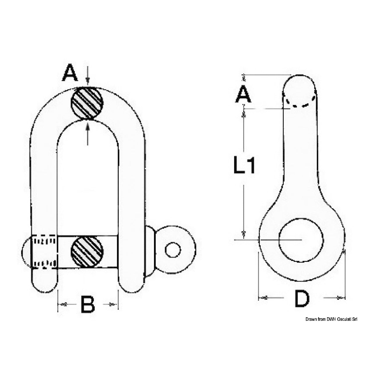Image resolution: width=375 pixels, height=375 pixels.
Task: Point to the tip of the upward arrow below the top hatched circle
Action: (88, 120)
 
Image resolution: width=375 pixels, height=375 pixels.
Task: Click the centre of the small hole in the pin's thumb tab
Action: (173, 250)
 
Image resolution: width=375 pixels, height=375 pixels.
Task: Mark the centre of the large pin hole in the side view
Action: (301, 240)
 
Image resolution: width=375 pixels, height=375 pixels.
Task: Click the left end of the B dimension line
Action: (58, 309)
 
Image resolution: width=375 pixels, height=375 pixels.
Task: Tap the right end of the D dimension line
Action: (345, 303)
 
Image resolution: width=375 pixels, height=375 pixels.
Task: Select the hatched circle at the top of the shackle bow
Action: (87, 103)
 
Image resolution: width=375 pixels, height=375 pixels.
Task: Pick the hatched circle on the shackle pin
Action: (87, 252)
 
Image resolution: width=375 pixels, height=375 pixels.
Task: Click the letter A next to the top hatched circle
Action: (70, 73)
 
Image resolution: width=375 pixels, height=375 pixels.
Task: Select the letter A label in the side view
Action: (243, 94)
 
